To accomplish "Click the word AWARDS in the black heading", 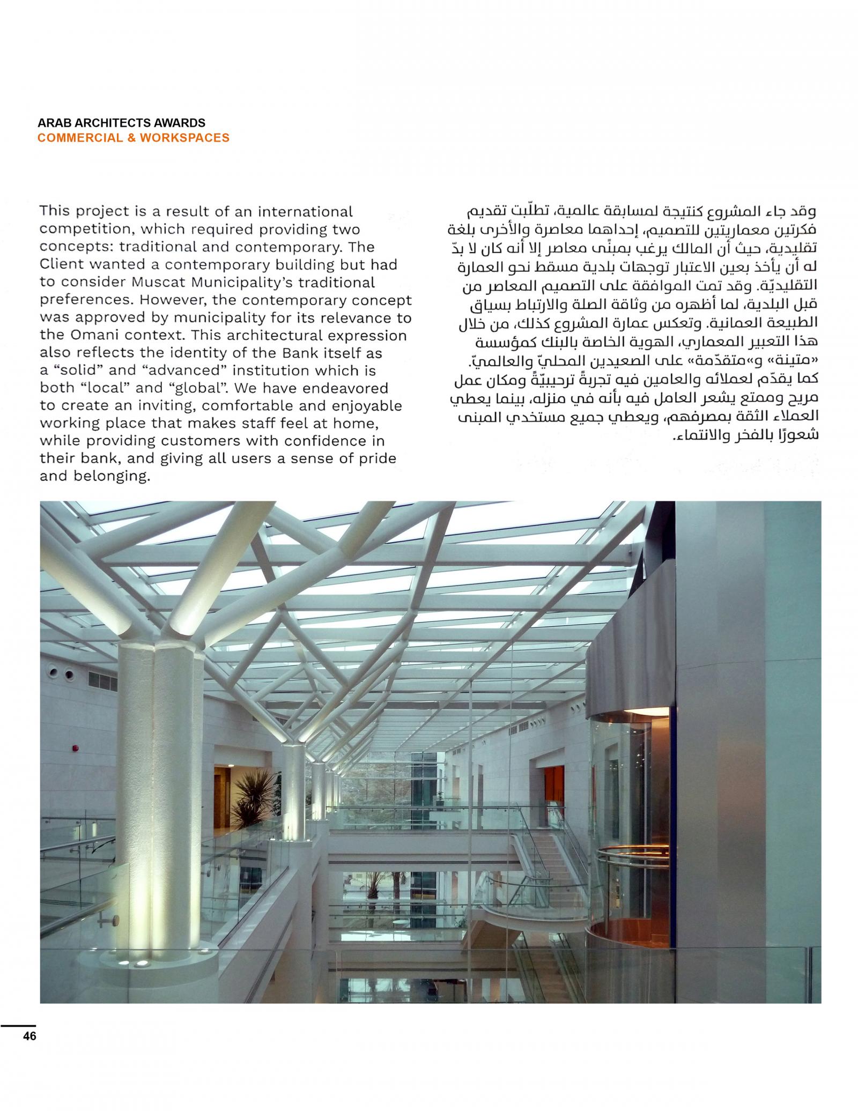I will pyautogui.click(x=179, y=124).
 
